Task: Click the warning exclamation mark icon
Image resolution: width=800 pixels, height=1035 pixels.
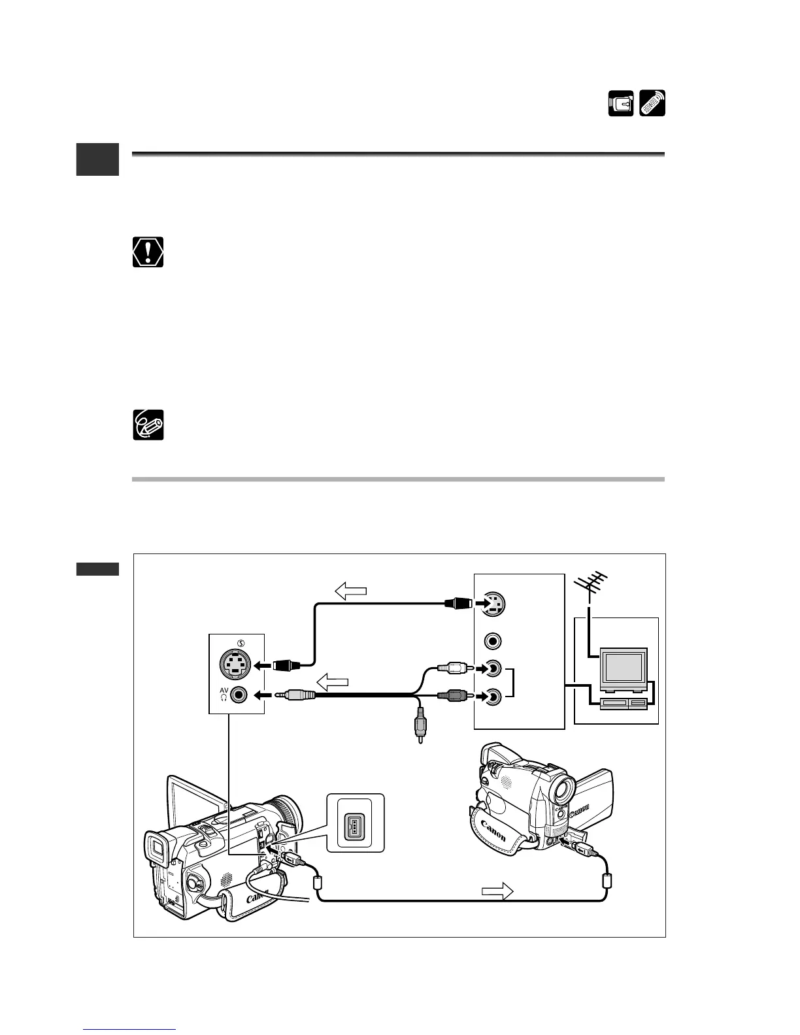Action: click(x=148, y=252)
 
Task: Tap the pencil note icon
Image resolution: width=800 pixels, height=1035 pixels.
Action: click(x=148, y=425)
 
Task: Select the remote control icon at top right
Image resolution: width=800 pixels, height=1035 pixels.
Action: click(x=652, y=104)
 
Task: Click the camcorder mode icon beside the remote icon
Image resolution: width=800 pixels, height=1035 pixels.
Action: click(x=620, y=104)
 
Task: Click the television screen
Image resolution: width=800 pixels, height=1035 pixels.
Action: click(x=624, y=668)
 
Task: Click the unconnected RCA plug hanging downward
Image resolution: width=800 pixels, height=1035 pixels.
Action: click(x=418, y=725)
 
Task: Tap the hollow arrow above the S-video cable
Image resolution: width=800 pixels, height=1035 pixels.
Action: click(x=351, y=591)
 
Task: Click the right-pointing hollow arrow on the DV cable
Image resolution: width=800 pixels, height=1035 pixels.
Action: click(x=497, y=891)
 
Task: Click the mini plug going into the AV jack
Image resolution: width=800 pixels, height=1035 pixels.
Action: click(x=298, y=697)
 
